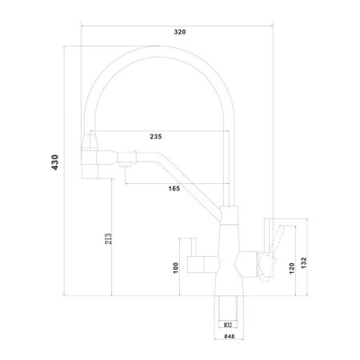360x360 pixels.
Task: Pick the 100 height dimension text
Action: click(176, 266)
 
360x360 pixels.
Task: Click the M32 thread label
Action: click(228, 325)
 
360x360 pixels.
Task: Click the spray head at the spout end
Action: click(90, 160)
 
